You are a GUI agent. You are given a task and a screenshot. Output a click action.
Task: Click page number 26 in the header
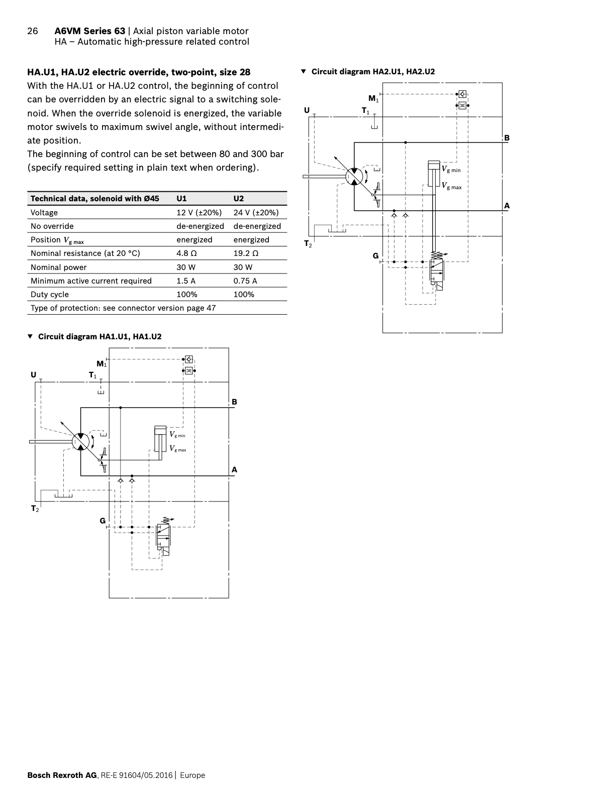(x=32, y=31)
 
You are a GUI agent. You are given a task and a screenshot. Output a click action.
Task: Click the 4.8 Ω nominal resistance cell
(x=186, y=253)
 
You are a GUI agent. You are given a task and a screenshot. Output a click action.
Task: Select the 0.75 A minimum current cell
(x=245, y=281)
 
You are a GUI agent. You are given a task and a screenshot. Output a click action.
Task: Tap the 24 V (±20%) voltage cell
(x=256, y=213)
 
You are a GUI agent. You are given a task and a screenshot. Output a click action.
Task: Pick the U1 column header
(x=181, y=199)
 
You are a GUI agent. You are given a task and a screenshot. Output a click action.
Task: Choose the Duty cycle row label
(x=50, y=295)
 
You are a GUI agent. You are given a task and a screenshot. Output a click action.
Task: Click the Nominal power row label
(x=58, y=268)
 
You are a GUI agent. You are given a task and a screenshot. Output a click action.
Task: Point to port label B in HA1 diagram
(x=234, y=402)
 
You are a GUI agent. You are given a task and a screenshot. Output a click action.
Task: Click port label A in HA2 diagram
(x=507, y=205)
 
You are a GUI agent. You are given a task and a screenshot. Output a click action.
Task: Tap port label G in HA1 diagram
(x=103, y=521)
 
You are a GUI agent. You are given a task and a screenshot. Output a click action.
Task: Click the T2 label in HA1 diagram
(x=35, y=509)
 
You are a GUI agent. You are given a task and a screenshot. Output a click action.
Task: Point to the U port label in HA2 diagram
(x=307, y=110)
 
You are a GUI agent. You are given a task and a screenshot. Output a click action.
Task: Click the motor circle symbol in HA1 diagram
(x=81, y=442)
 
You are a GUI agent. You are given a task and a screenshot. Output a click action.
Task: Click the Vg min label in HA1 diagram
(x=177, y=435)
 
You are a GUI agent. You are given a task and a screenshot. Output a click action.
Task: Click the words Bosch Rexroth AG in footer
(x=62, y=775)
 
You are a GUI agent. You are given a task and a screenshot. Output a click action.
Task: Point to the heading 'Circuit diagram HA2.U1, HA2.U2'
(x=373, y=72)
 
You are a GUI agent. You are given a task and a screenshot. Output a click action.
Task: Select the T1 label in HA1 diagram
(x=93, y=375)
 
